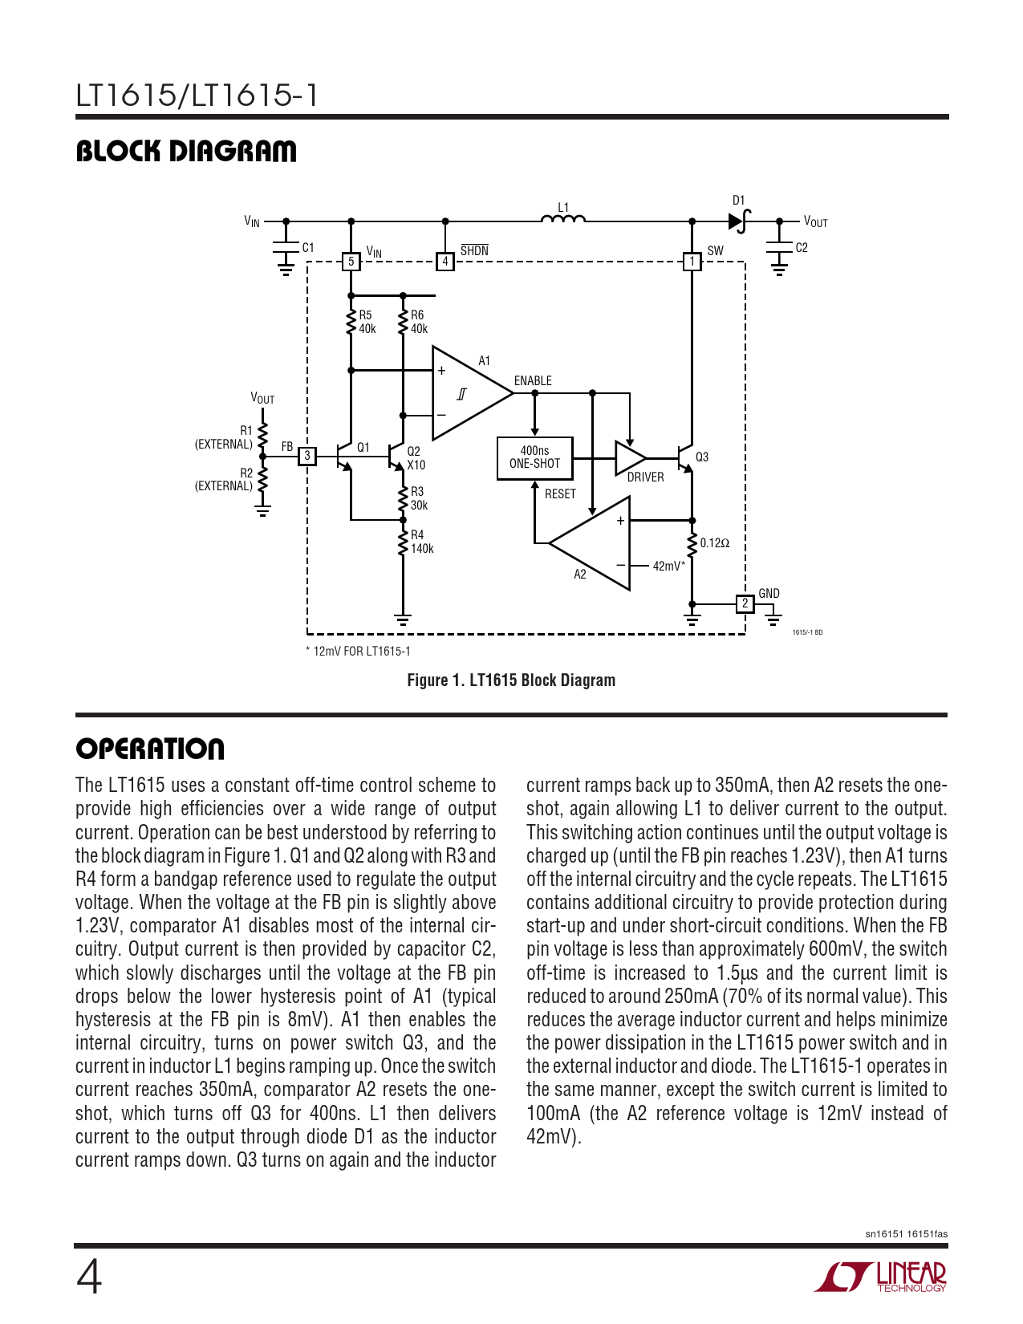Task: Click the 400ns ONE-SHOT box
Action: pos(534,458)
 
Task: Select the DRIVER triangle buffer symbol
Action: pos(628,458)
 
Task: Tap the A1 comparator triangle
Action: pos(465,393)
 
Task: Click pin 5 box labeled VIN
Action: pos(351,262)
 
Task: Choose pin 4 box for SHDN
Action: pos(445,262)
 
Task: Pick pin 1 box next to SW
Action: pos(692,262)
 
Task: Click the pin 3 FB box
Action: pos(306,457)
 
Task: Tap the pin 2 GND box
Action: pos(745,603)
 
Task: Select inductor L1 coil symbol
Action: pos(563,218)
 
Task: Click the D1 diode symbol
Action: pos(738,221)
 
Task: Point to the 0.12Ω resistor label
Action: pos(714,543)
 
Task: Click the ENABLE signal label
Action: pos(533,381)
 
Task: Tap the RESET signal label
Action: pos(560,494)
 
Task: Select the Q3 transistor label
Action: pos(702,457)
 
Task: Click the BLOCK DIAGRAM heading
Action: pos(186,151)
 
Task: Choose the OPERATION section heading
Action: pos(150,749)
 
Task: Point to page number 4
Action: pos(89,1277)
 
